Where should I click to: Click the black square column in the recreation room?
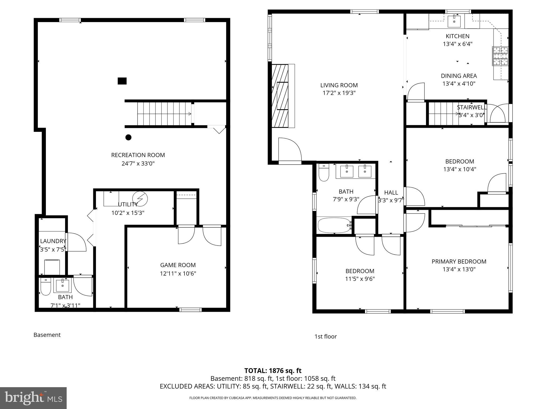[122, 81]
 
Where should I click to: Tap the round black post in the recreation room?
[129, 137]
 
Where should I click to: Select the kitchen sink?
[454, 21]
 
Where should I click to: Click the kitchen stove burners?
[500, 56]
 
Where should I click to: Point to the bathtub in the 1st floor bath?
[334, 225]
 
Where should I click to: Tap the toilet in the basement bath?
[46, 287]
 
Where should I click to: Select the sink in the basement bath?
[63, 285]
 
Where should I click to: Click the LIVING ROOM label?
[339, 85]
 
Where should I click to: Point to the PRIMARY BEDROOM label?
[459, 261]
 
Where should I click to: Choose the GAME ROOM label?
[178, 265]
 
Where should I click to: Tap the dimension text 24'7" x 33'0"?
[138, 163]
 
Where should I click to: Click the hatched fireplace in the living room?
[280, 96]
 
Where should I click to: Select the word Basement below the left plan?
[47, 335]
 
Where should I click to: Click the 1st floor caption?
[326, 336]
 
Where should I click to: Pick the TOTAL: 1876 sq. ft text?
[273, 370]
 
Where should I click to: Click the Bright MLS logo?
[33, 398]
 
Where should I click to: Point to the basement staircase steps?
[164, 114]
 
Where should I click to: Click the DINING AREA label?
[459, 76]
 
